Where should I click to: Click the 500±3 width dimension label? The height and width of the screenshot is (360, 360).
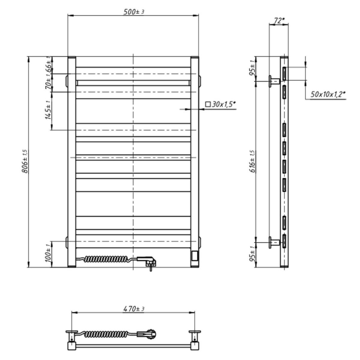(x=133, y=12)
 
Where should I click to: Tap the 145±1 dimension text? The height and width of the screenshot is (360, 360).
(x=48, y=110)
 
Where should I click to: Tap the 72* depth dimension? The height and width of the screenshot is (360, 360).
(x=279, y=20)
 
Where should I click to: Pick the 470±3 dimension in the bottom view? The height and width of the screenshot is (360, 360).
(x=133, y=309)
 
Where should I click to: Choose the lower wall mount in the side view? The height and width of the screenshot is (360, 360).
(x=273, y=242)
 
